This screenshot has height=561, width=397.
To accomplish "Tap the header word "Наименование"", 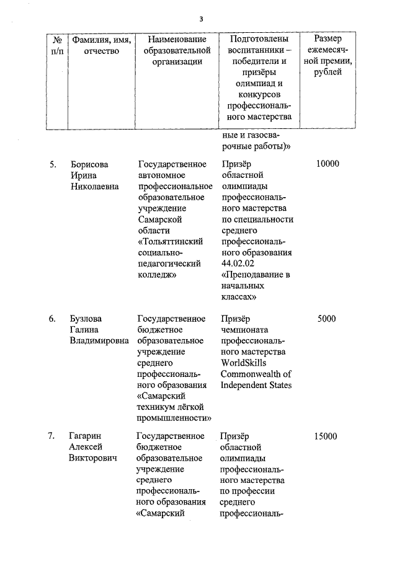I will [x=172, y=40].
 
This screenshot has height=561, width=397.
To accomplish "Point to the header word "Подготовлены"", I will [x=256, y=40].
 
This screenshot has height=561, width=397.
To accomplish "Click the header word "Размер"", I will [x=328, y=40].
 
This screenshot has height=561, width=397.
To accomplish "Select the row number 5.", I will [x=53, y=164].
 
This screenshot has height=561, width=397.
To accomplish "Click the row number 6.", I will [x=53, y=319].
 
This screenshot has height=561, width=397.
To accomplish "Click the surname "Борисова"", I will [x=89, y=164].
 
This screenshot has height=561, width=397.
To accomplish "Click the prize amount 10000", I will [x=328, y=164].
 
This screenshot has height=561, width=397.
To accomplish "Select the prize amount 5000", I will [x=326, y=319].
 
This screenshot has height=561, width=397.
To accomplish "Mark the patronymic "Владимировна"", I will [x=100, y=341].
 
